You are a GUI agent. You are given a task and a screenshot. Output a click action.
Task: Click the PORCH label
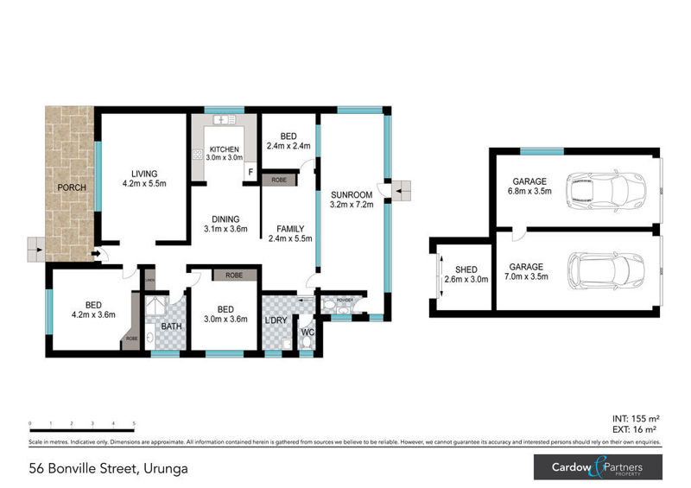tap(70, 187)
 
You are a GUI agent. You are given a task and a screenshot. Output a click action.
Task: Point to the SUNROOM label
tap(351, 195)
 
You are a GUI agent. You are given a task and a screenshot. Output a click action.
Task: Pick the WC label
tap(307, 331)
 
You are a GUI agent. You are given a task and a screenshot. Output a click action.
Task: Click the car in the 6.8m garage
tap(605, 187)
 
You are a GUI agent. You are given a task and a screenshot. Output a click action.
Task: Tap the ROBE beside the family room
tap(279, 180)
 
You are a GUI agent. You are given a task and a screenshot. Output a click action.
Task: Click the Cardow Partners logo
tap(597, 468)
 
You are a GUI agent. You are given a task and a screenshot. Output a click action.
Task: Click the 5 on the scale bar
tap(134, 423)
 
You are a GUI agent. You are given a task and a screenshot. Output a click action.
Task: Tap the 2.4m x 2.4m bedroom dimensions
tap(288, 146)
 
